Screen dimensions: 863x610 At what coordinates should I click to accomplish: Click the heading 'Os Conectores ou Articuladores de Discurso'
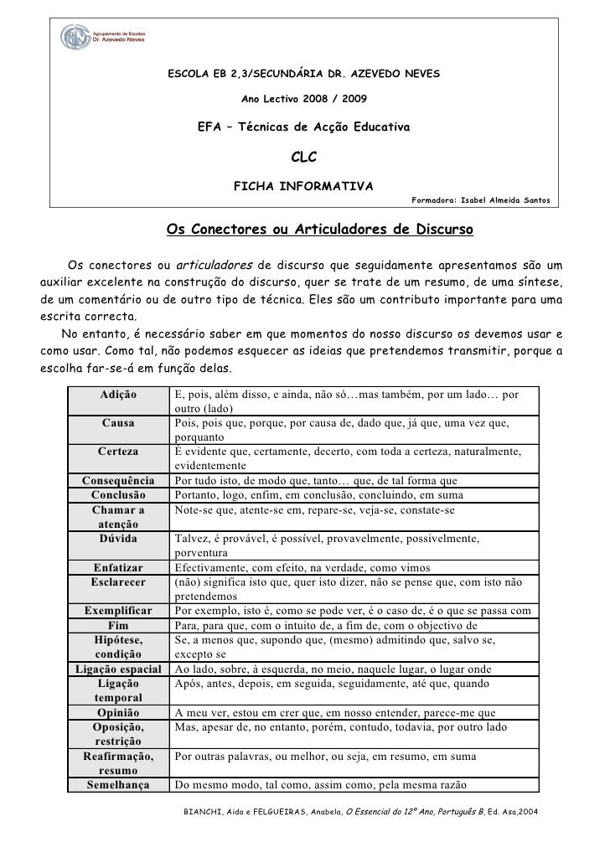coord(320,229)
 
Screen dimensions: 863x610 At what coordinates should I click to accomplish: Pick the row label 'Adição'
coord(119,393)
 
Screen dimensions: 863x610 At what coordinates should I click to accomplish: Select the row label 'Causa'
coord(118,422)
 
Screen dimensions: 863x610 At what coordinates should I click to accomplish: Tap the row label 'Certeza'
coord(118,452)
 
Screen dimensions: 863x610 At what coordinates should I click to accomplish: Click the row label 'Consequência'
coord(118,481)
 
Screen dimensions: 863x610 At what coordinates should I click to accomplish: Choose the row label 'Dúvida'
coord(118,539)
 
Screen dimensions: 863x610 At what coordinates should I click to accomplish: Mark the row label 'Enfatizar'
coord(118,567)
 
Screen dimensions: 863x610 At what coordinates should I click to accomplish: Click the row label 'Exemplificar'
coord(118,611)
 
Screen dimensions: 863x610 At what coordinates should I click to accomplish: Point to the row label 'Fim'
coord(118,626)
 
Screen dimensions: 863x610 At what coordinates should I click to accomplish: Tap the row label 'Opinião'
coord(118,712)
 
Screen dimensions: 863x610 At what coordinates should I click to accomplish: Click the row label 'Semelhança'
coord(118,785)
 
